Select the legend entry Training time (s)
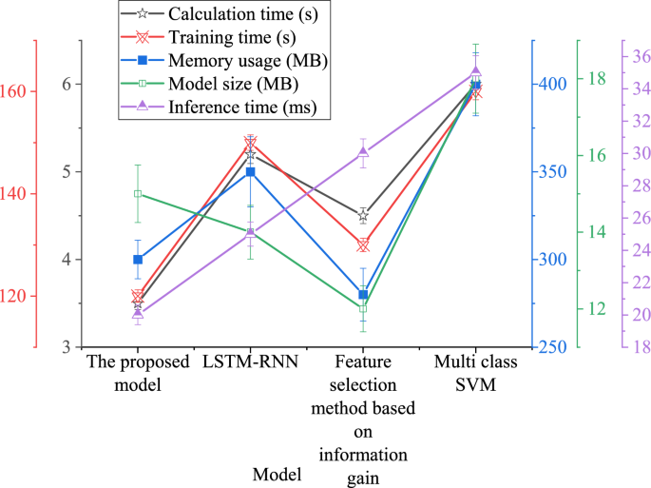coord(231,38)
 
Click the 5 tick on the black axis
coord(67,172)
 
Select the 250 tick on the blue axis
coord(550,347)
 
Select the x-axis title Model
coord(278,474)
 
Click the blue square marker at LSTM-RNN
coord(251,172)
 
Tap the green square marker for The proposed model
coord(138,194)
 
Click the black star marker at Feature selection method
coord(363,216)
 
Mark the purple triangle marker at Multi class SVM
coord(476,72)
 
